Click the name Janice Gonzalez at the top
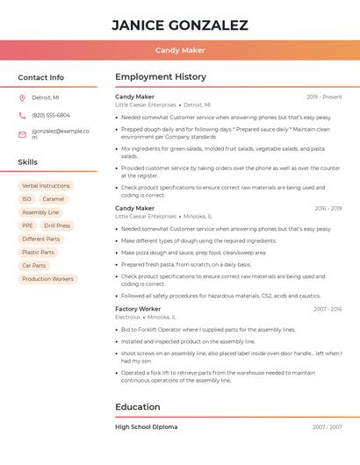pyautogui.click(x=180, y=25)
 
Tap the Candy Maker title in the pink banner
pyautogui.click(x=180, y=50)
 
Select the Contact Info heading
pyautogui.click(x=41, y=77)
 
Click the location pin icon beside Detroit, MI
pyautogui.click(x=22, y=98)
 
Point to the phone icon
pyautogui.click(x=22, y=116)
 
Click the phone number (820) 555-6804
pyautogui.click(x=51, y=116)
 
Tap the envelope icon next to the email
pyautogui.click(x=22, y=134)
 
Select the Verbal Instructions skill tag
pyautogui.click(x=46, y=186)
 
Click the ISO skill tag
pyautogui.click(x=26, y=199)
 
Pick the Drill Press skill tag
pyautogui.click(x=57, y=225)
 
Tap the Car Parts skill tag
pyautogui.click(x=33, y=265)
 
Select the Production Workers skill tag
pyautogui.click(x=47, y=279)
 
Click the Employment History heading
pyautogui.click(x=161, y=77)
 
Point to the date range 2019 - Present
pyautogui.click(x=324, y=97)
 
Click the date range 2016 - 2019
pyautogui.click(x=328, y=209)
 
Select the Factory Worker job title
pyautogui.click(x=138, y=309)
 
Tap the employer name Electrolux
pyautogui.click(x=127, y=317)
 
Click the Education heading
pyautogui.click(x=138, y=407)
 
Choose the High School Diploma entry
pyautogui.click(x=146, y=427)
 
